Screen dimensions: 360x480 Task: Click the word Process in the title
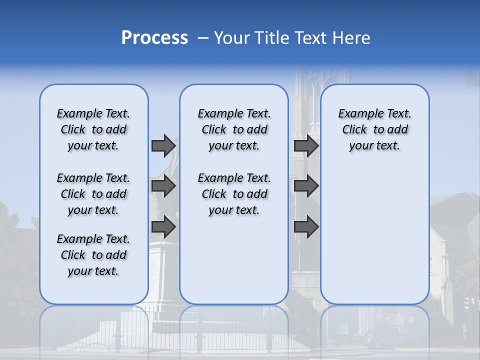pyautogui.click(x=154, y=38)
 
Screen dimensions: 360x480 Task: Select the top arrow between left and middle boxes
pyautogui.click(x=163, y=145)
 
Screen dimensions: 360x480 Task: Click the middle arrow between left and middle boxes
pyautogui.click(x=163, y=186)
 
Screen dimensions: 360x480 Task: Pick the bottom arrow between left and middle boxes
pyautogui.click(x=163, y=226)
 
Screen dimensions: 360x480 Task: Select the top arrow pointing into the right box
pyautogui.click(x=306, y=145)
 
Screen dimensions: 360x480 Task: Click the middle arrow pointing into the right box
pyautogui.click(x=306, y=186)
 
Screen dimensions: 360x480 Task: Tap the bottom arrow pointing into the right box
pyautogui.click(x=306, y=226)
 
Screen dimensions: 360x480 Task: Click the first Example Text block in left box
pyautogui.click(x=93, y=129)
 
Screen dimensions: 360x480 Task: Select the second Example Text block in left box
pyautogui.click(x=93, y=194)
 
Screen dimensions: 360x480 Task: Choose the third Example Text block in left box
pyautogui.click(x=93, y=255)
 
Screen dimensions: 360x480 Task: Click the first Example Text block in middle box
pyautogui.click(x=234, y=129)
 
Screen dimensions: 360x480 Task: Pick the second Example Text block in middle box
pyautogui.click(x=234, y=194)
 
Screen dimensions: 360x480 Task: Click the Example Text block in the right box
pyautogui.click(x=375, y=129)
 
